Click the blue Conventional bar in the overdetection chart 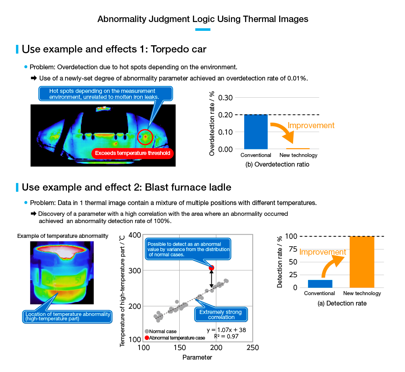[256, 132]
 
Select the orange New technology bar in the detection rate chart [362, 262]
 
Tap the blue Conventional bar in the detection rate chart [320, 284]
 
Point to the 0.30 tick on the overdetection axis [225, 98]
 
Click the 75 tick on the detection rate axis [293, 249]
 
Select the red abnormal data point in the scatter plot [211, 268]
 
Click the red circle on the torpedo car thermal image [145, 137]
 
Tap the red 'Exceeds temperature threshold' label [132, 153]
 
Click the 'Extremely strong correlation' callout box [221, 314]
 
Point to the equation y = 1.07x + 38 [226, 330]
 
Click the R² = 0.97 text [226, 336]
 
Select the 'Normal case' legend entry [161, 332]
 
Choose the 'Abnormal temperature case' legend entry [175, 338]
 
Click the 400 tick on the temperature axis [135, 235]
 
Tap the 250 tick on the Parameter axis [253, 348]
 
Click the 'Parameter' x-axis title [197, 357]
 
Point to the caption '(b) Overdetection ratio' [277, 164]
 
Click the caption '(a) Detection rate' [342, 304]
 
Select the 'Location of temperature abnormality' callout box [67, 316]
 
